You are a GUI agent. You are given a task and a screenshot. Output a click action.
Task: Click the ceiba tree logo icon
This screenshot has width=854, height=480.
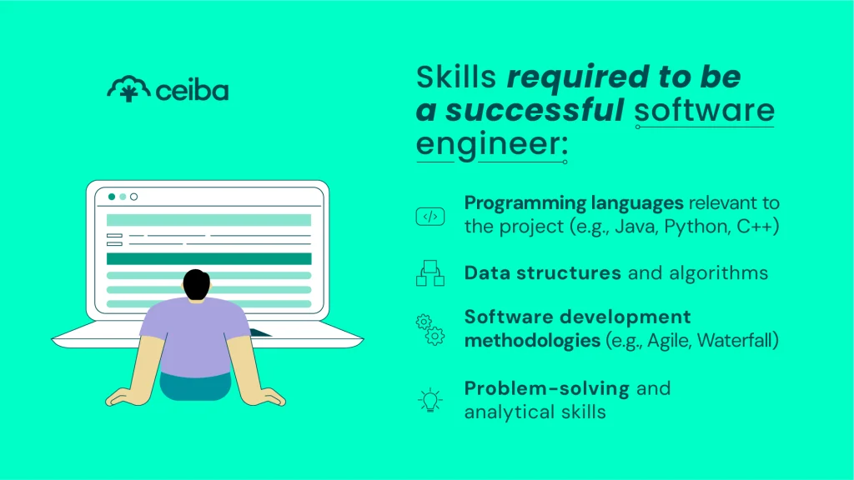coord(128,89)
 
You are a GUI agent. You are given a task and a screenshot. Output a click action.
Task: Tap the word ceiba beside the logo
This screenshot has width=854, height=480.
coord(192,89)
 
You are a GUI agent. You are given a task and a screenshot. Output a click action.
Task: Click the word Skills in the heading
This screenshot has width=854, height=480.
coord(456,77)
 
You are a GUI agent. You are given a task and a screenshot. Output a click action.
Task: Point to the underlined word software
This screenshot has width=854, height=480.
coord(704,110)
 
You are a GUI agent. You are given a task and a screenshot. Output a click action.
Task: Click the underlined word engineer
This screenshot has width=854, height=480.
coord(490,143)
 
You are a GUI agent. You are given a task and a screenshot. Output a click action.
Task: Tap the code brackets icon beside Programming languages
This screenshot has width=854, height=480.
coord(430,217)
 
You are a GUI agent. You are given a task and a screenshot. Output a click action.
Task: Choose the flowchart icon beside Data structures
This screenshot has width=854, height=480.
coord(430,273)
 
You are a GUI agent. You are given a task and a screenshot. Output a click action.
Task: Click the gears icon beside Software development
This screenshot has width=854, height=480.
coord(430,329)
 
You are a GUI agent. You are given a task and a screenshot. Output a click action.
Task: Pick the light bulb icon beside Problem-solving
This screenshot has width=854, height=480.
coord(430,401)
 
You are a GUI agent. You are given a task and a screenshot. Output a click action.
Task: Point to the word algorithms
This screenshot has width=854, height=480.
coord(716,273)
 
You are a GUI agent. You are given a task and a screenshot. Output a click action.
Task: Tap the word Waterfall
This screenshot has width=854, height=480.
coord(734,341)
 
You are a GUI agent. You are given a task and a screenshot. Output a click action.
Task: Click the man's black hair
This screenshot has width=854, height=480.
coord(197,284)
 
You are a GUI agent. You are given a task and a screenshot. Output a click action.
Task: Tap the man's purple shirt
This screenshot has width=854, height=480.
coord(193,333)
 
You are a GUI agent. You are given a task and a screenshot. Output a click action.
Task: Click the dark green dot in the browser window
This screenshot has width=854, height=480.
coord(112,197)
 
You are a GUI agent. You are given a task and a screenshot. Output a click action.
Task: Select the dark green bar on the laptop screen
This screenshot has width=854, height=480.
coord(208,258)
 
